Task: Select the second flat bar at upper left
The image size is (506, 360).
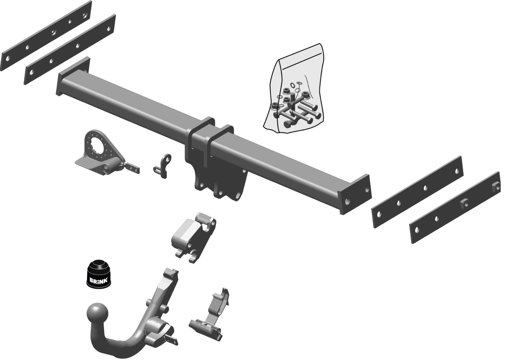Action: point(70,50)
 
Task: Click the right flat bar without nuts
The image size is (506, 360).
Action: point(417,192)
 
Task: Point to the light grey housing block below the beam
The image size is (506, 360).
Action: point(194,237)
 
